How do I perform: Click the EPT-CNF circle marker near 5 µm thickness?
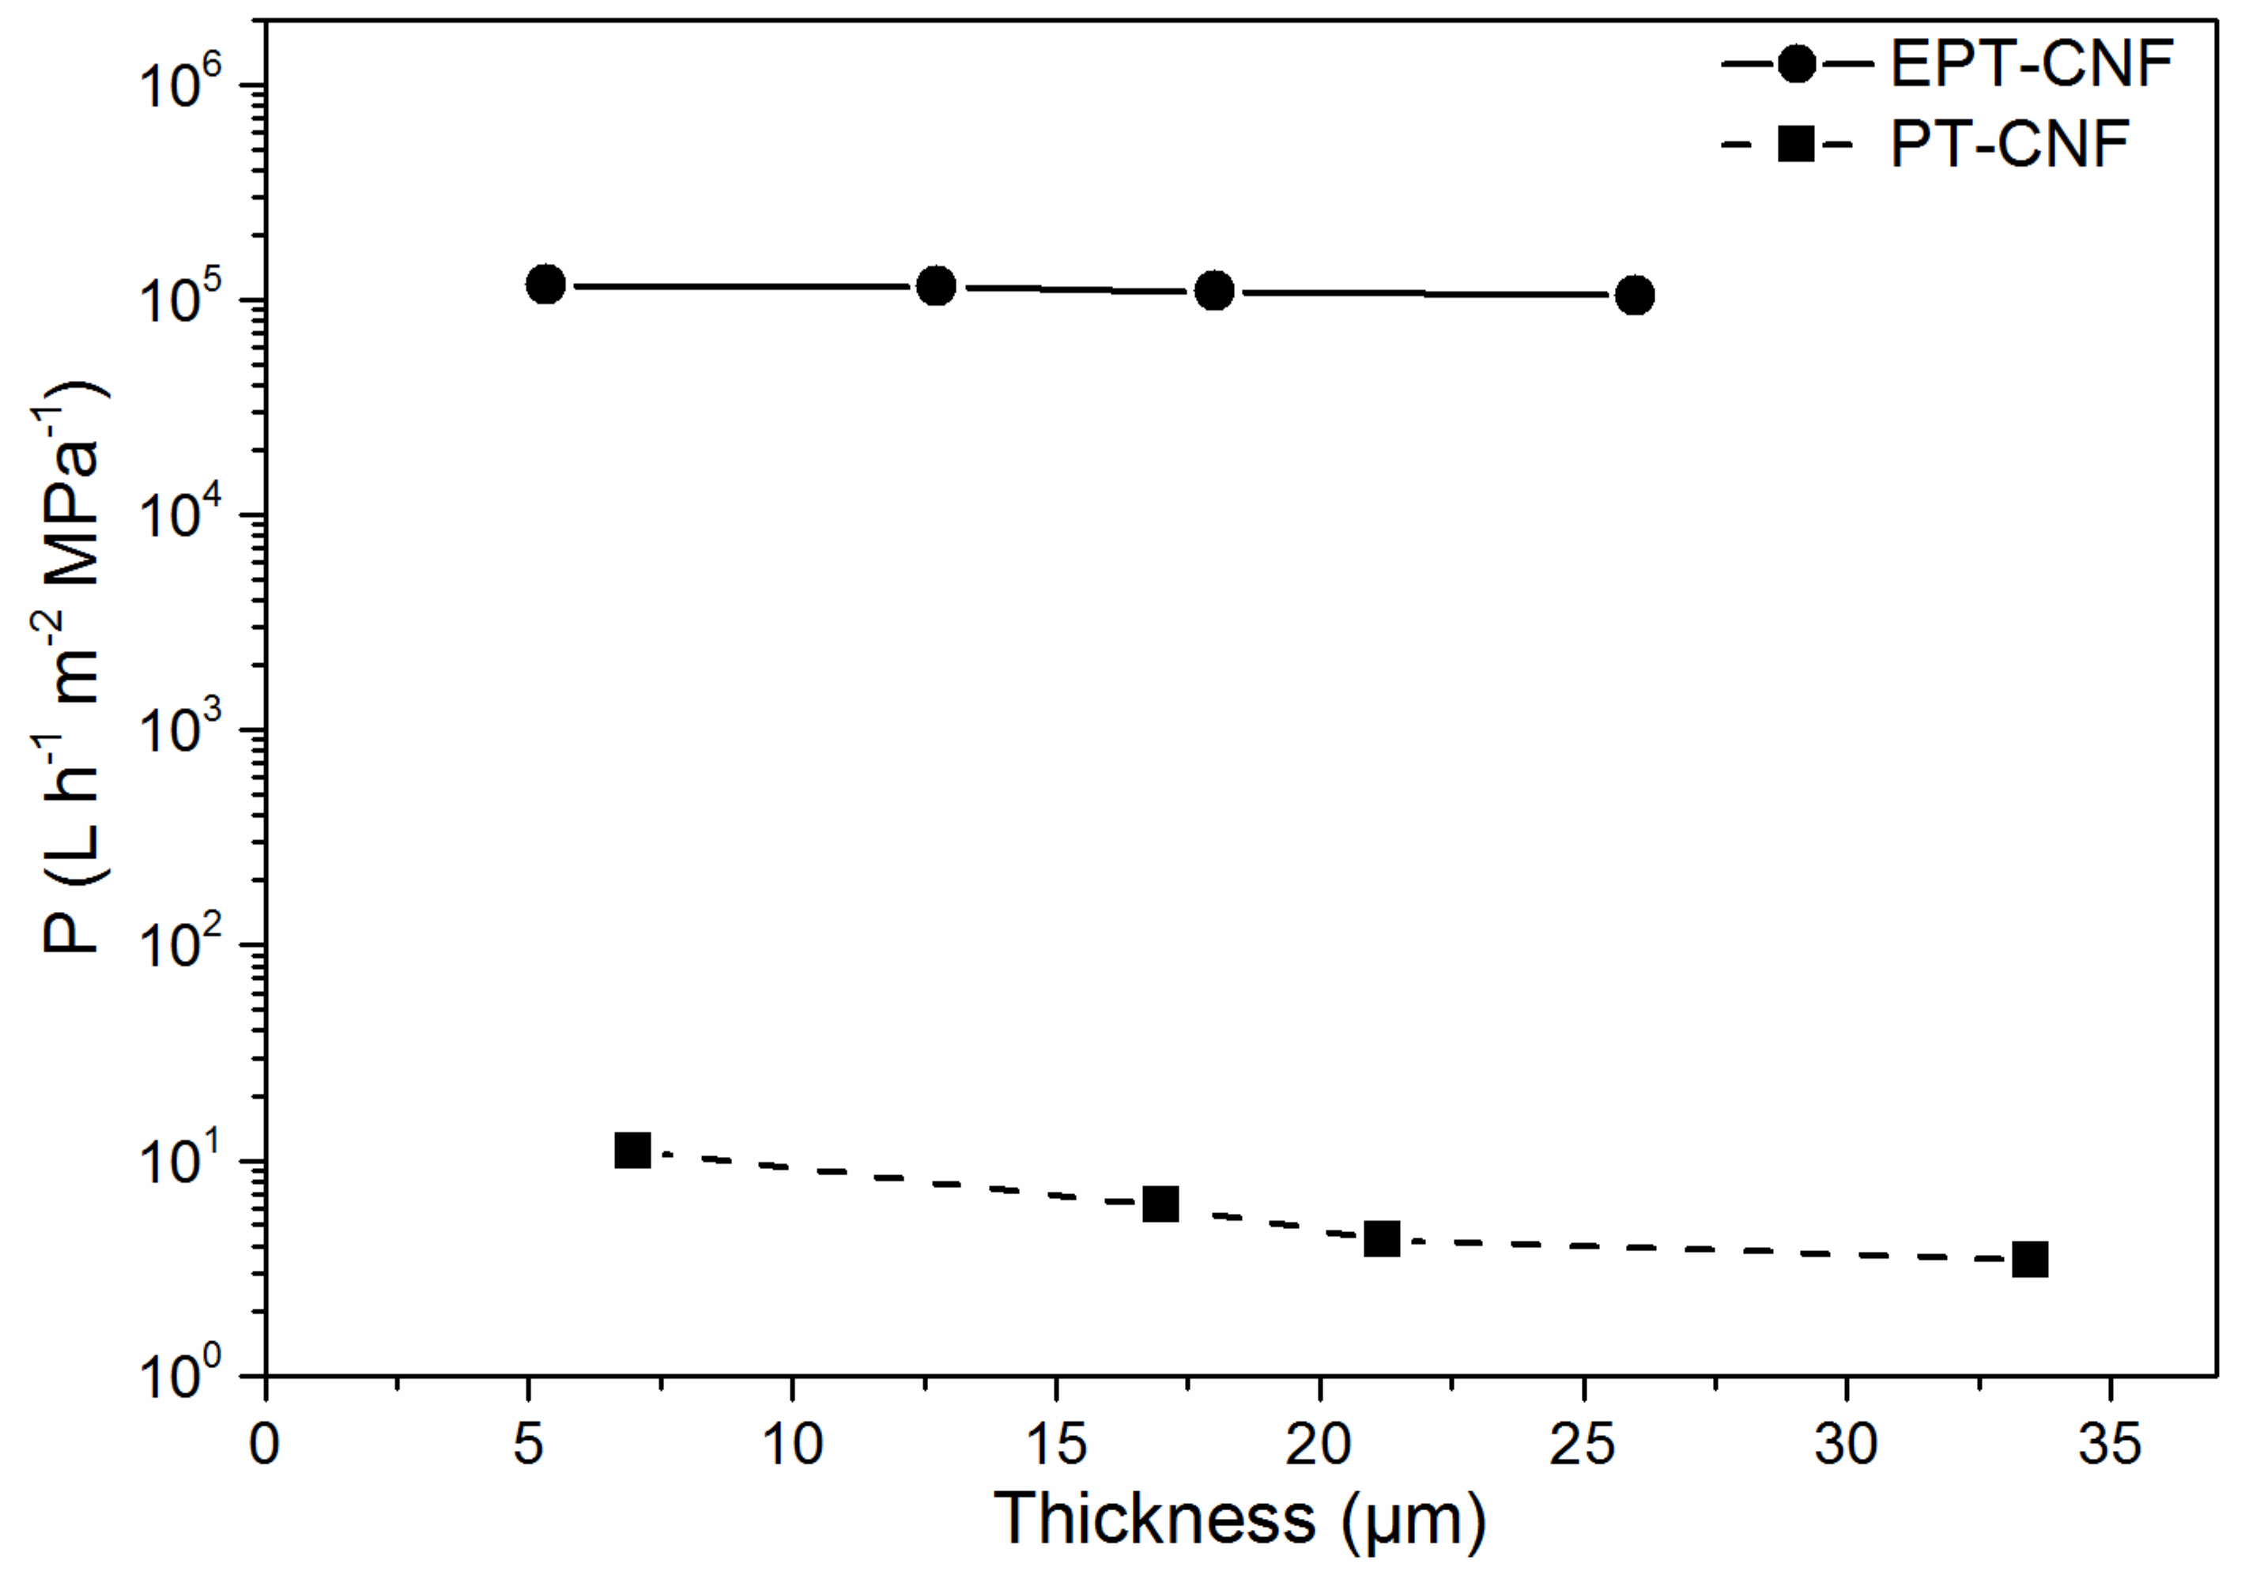pos(545,285)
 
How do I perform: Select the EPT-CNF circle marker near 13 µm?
pos(937,286)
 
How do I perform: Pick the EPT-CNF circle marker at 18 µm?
pos(1215,291)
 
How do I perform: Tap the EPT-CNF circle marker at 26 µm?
pos(1635,295)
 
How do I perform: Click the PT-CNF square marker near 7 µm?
pos(632,1151)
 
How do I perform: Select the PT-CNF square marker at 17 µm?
pos(1160,1204)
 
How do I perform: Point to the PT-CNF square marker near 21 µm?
pos(1382,1239)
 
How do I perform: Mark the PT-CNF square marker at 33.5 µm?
pos(2030,1260)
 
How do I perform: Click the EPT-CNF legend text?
pos(2032,65)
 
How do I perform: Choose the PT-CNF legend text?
pos(2009,145)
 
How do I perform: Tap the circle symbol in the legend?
pos(1797,65)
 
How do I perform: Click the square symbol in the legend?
pos(1797,145)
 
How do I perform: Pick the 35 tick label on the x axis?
pos(2109,1444)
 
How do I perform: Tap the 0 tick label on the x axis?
pos(264,1444)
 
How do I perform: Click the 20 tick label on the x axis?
pos(1318,1444)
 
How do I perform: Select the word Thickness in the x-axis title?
pos(1155,1519)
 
